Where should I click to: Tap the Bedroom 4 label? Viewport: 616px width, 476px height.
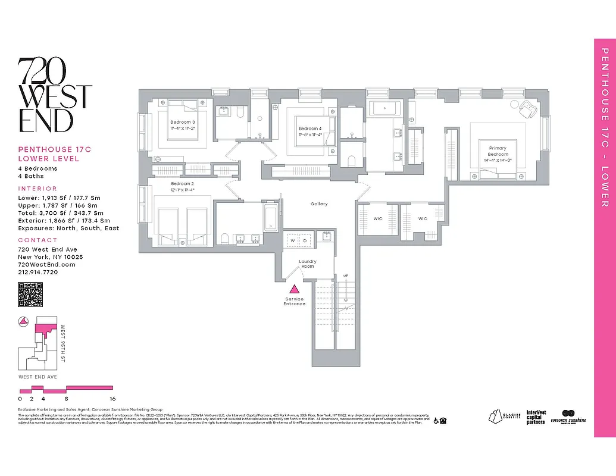309,129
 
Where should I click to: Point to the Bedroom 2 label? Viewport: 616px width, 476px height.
182,184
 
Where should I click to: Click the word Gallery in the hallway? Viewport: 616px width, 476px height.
319,204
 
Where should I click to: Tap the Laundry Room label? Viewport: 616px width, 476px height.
308,264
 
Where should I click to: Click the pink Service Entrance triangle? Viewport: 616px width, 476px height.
294,289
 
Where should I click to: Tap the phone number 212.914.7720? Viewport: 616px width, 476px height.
38,272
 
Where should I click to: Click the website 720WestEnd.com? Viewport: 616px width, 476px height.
46,264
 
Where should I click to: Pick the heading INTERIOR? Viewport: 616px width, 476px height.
37,188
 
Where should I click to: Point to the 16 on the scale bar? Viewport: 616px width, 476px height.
112,399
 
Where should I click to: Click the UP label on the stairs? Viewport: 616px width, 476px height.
345,276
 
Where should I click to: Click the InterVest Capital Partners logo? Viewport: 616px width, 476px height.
536,416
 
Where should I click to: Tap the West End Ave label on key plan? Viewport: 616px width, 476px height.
37,377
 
